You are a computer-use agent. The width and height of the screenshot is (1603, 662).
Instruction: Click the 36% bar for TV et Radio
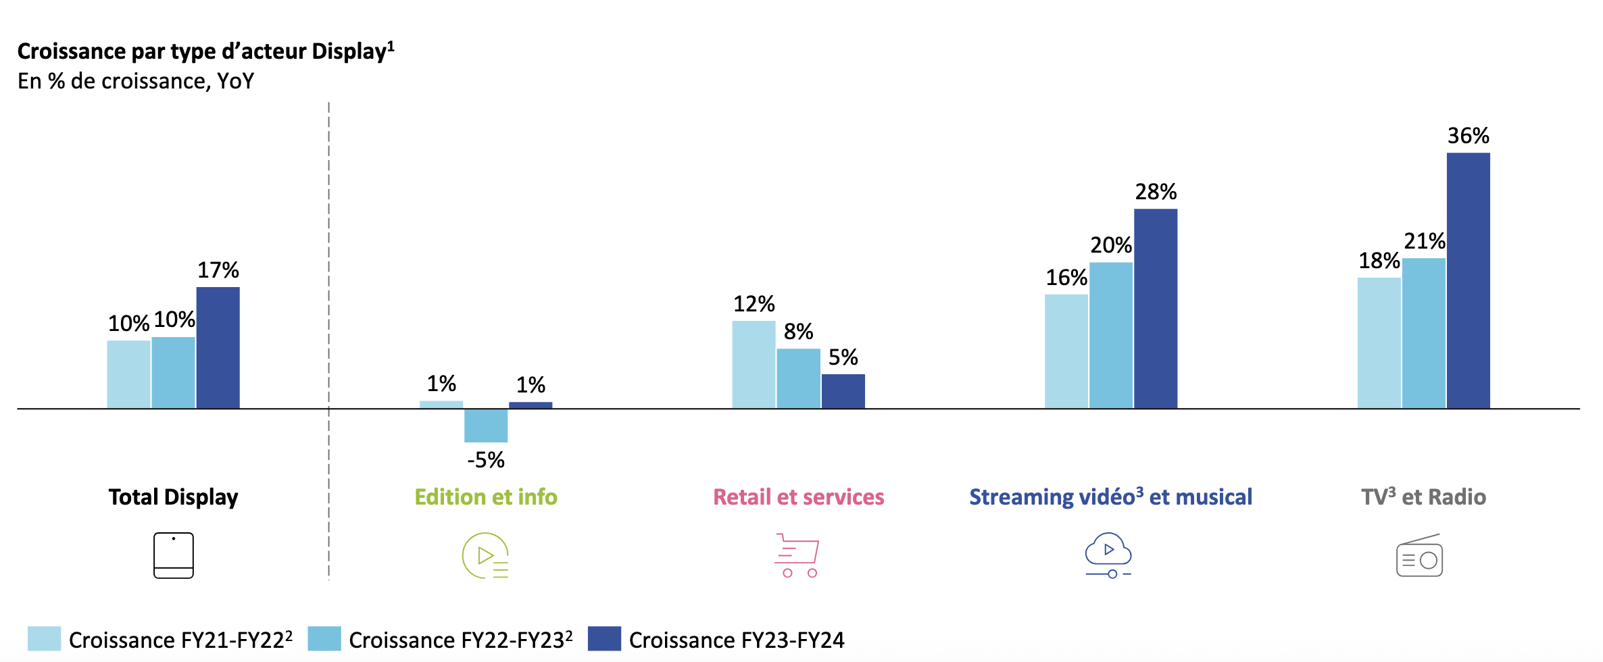tap(1468, 280)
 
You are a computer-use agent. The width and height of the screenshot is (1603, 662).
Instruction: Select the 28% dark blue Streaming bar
tap(1156, 309)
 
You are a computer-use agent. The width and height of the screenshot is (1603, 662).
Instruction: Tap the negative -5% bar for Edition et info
tap(486, 426)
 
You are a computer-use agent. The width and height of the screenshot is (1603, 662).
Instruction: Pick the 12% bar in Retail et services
tap(754, 365)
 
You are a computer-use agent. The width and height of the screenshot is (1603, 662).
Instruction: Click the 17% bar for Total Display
tap(218, 348)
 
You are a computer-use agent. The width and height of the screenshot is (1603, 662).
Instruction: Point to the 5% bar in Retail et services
tap(843, 391)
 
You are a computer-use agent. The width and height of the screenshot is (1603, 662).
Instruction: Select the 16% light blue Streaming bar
tap(1066, 351)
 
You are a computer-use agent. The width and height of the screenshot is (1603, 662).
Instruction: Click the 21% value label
tap(1425, 241)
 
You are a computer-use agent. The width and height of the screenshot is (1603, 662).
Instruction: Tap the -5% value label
tap(486, 460)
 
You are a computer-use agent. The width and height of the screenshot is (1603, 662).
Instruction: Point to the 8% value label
tap(798, 332)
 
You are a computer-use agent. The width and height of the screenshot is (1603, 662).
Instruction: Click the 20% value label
tap(1111, 245)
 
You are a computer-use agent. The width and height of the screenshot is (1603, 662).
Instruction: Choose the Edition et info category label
tap(486, 497)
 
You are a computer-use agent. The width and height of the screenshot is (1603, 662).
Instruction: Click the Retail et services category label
tap(798, 497)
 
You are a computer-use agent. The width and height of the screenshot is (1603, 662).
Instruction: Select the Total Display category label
tap(174, 497)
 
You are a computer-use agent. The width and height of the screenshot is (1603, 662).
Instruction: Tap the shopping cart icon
tap(797, 555)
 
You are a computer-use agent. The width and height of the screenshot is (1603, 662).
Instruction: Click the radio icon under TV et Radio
tap(1419, 556)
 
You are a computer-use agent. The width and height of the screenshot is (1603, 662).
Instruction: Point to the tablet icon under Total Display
tap(174, 555)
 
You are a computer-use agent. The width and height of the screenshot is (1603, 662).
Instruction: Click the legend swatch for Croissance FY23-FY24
tap(604, 639)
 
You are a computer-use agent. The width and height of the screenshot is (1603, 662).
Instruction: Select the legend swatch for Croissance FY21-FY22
tap(44, 639)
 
